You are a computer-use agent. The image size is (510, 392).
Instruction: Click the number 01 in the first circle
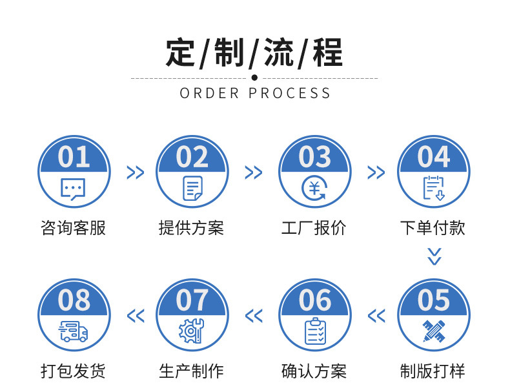74,157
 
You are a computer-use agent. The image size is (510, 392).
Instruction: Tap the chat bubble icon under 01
73,188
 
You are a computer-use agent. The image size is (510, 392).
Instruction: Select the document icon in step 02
192,188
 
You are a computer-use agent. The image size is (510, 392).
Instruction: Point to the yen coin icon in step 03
314,188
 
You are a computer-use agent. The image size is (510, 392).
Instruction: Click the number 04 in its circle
433,157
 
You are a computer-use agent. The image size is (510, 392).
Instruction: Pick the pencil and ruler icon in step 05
433,331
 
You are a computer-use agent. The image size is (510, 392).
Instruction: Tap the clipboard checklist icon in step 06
315,331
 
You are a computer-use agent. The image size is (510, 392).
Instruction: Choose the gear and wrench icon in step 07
192,331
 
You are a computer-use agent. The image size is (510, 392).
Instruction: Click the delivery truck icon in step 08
74,331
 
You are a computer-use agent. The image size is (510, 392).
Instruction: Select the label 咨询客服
73,228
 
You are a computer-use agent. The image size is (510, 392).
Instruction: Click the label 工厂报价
314,228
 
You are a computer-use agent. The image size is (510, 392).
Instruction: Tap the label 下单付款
433,228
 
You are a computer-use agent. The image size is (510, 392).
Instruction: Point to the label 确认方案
314,371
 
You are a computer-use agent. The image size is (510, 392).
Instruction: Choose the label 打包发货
73,371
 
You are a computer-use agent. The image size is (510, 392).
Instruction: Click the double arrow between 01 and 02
135,172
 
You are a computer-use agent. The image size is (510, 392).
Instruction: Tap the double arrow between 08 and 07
135,316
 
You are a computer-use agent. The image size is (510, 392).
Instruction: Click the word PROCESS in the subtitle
290,93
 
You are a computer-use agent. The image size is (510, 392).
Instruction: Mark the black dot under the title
254,77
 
